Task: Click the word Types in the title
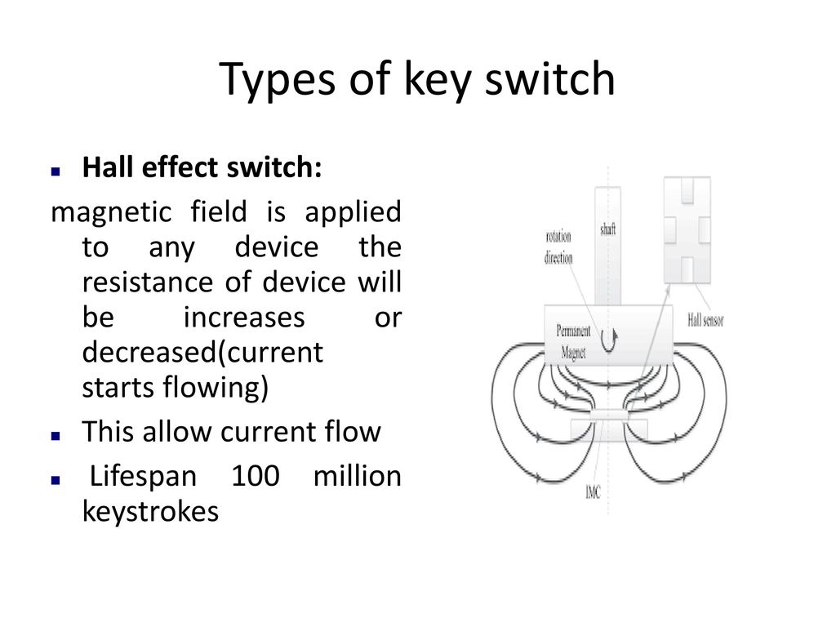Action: [278, 79]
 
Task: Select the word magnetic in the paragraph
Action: [111, 213]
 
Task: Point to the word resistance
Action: [148, 282]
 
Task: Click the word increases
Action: [244, 318]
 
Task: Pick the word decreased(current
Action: [202, 353]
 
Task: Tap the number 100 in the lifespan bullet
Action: [256, 476]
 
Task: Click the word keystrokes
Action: [150, 511]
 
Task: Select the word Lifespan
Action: [143, 477]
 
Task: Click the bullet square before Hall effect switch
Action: [56, 171]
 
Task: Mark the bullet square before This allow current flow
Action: [56, 436]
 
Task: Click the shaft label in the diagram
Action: [607, 229]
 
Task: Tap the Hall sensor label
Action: [705, 320]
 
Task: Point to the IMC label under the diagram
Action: [593, 492]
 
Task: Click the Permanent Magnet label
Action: [573, 342]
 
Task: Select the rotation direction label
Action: [558, 247]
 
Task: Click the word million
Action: [358, 476]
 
